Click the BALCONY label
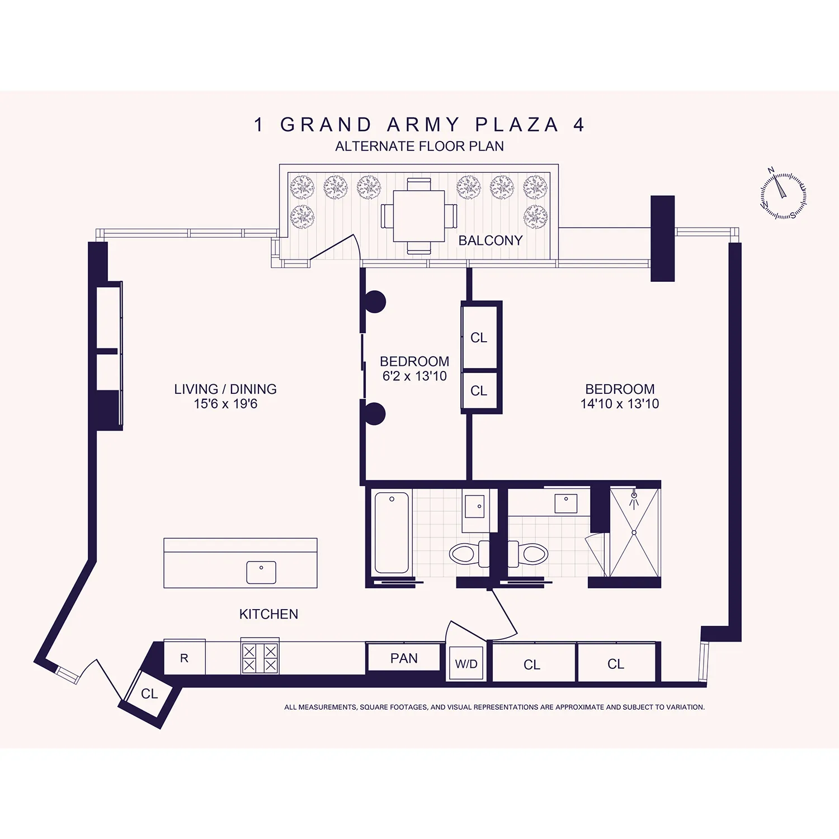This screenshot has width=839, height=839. [490, 241]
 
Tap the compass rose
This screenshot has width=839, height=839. [783, 195]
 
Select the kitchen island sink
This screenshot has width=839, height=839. [261, 572]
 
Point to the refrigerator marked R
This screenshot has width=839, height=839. [184, 658]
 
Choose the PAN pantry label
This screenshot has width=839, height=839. [404, 658]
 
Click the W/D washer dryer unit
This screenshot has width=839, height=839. [466, 664]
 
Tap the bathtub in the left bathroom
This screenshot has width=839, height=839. [392, 532]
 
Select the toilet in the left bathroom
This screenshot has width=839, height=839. [464, 554]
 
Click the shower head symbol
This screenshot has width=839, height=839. [634, 497]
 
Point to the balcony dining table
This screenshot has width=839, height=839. [419, 216]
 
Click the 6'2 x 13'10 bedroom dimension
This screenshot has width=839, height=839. [414, 376]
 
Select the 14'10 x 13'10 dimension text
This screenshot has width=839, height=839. [620, 404]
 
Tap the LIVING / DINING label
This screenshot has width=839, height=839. [225, 389]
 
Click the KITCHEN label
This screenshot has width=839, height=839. [268, 614]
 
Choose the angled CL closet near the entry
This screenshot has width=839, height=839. [149, 694]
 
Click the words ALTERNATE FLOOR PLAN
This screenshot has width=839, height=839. [419, 147]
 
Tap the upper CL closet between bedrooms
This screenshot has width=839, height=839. [479, 337]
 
